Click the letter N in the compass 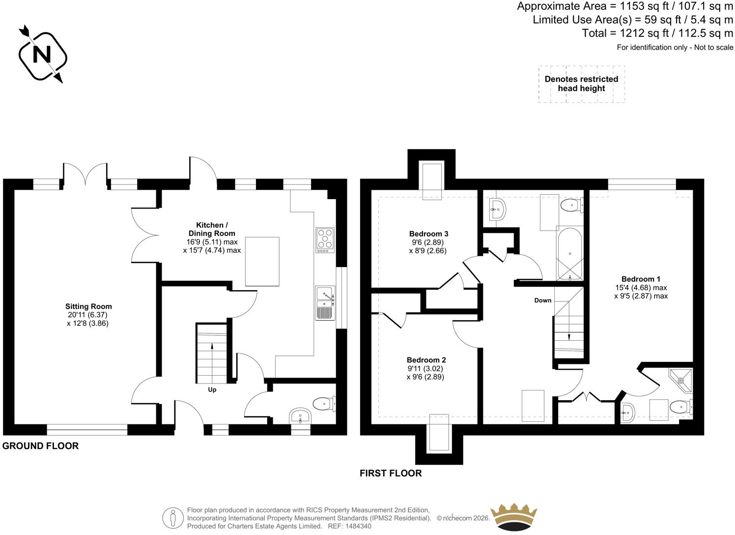pos(42,55)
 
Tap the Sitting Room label pos(88,306)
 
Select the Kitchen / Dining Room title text pos(212,229)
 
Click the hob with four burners pos(325,240)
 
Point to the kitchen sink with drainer pos(325,303)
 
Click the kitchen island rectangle pos(262,262)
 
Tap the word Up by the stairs pos(212,390)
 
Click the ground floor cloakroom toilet pos(324,404)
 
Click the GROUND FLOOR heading pos(40,446)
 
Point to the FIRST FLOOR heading pos(391,473)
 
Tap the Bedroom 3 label pos(428,234)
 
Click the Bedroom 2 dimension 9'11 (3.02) pos(425,368)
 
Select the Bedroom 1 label pos(641,279)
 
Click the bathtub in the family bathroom pos(570,254)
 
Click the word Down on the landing pos(543,300)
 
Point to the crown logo pos(513,517)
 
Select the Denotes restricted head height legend pos(581,84)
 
